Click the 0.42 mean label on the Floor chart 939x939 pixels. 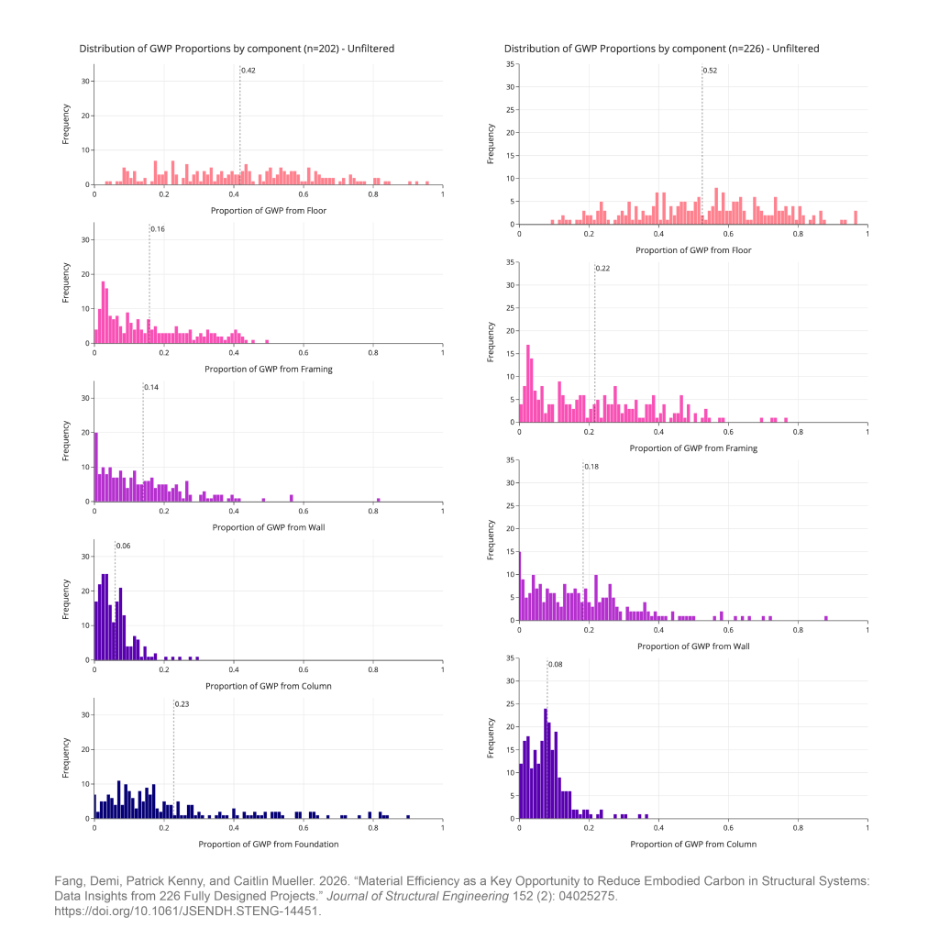[249, 70]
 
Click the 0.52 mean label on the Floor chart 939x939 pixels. [711, 70]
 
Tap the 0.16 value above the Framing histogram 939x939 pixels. [158, 228]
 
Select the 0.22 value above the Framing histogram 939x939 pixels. [602, 268]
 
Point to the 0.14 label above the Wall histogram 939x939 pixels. [151, 387]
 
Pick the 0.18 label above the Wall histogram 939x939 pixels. [591, 466]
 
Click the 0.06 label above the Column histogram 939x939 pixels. [123, 546]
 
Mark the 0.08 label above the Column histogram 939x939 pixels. [556, 664]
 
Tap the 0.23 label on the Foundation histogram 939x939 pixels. [182, 703]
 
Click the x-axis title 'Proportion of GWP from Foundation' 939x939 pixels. [269, 844]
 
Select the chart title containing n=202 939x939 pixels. [237, 49]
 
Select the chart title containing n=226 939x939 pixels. [661, 49]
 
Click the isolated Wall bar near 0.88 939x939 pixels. [826, 617]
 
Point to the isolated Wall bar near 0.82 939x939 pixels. [379, 500]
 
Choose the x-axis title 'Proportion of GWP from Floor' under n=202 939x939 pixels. [269, 210]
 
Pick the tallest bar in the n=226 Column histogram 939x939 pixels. [546, 763]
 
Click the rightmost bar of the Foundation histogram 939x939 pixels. [408, 816]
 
